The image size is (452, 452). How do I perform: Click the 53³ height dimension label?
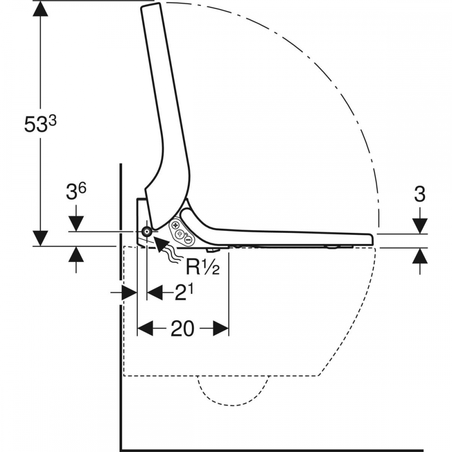tap(40, 124)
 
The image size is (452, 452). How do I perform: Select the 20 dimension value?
tap(183, 328)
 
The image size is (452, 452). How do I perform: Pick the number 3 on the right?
tap(419, 194)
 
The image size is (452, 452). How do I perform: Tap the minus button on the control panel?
tap(188, 240)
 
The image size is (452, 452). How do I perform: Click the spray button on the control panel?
tap(180, 234)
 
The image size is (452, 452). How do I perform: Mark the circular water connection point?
tap(147, 231)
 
